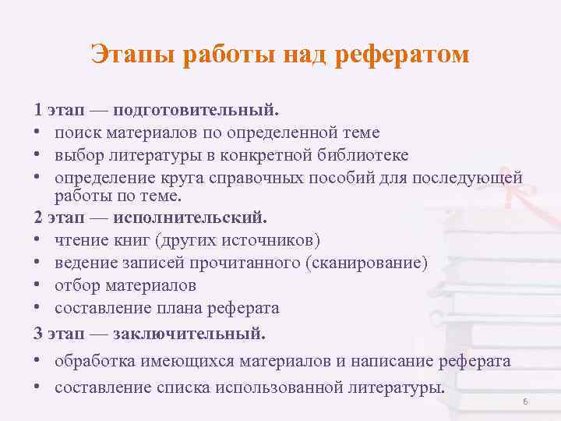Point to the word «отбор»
(x=76, y=285)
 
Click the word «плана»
(x=190, y=308)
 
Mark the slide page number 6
(x=525, y=402)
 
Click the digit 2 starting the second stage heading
(x=38, y=216)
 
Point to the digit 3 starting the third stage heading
(x=38, y=333)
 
